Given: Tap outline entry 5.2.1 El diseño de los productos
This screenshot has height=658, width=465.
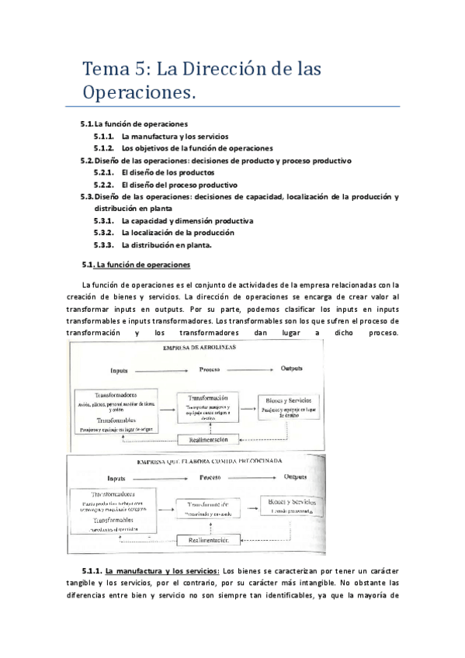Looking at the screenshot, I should pyautogui.click(x=168, y=172).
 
